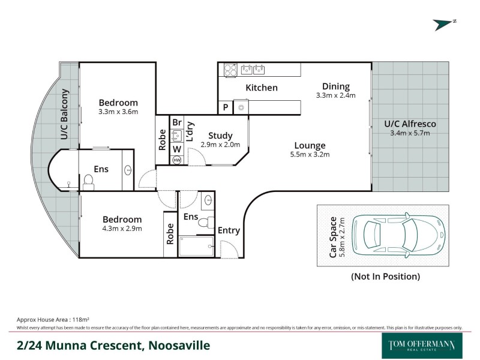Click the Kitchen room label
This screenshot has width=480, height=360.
262,88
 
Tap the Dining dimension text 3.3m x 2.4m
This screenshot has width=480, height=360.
336,95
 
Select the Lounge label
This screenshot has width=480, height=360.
310,145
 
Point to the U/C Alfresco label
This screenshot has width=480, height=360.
410,124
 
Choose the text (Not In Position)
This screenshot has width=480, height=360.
385,277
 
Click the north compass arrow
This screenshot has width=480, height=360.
445,24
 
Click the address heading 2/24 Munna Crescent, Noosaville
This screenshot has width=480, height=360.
113,346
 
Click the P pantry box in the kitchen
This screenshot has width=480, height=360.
225,107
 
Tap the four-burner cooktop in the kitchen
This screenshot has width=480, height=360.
230,70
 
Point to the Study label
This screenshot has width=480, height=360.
220,136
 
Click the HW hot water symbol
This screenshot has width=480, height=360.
176,160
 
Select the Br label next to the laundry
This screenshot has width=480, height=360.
177,122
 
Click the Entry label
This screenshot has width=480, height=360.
229,230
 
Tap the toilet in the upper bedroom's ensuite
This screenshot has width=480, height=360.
88,181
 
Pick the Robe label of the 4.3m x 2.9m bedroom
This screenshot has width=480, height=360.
170,233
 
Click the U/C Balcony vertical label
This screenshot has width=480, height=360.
65,115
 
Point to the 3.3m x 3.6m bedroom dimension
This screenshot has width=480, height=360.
118,112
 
